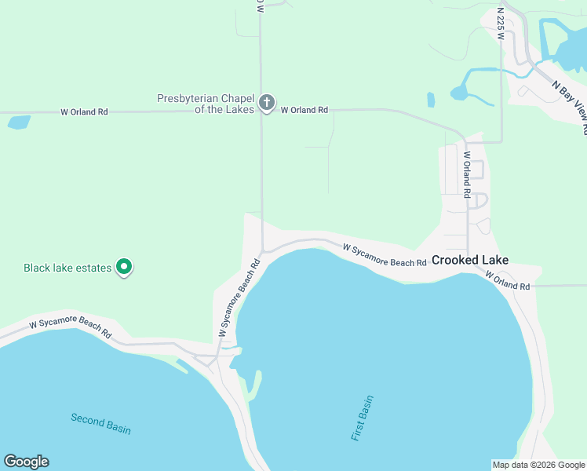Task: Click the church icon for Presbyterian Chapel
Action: point(267,103)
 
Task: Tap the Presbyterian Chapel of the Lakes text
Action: point(206,104)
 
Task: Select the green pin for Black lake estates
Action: point(124,268)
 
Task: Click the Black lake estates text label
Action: point(67,268)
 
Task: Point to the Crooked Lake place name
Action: point(470,260)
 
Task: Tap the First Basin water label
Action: point(363,418)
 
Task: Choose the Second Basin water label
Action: point(100,424)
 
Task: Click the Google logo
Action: point(26,462)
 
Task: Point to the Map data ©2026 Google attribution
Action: point(538,465)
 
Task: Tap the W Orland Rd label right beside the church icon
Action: point(304,111)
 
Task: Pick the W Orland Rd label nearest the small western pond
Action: point(84,112)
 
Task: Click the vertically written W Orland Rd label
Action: point(467,174)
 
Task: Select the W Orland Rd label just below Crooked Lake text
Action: point(508,281)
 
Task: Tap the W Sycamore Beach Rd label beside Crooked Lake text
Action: point(385,254)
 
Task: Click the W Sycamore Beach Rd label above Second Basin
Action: point(71,329)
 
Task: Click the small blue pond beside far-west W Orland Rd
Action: point(18,122)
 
